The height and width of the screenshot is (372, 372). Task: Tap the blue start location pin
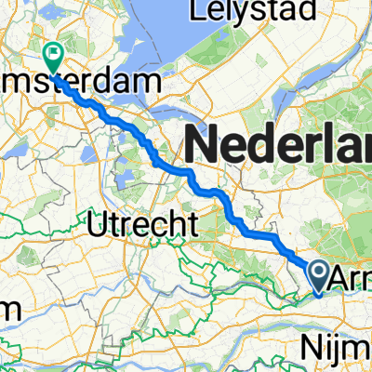[318, 275]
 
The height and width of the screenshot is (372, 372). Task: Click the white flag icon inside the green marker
[55, 53]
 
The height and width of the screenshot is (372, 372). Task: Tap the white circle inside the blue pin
[318, 272]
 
